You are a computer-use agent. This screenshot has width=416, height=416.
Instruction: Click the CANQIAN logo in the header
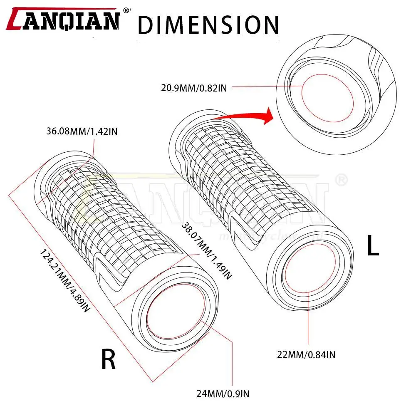point(64,21)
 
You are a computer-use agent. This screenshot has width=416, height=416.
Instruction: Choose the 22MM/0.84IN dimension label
point(307,354)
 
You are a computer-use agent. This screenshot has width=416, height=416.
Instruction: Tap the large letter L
point(373,246)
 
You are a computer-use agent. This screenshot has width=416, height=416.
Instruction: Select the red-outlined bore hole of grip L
point(307,271)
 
